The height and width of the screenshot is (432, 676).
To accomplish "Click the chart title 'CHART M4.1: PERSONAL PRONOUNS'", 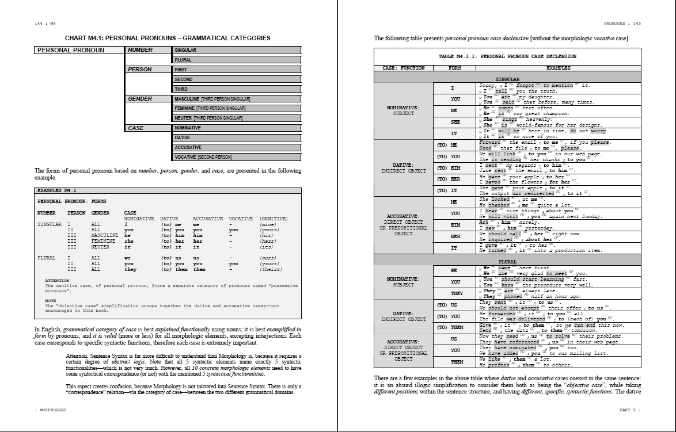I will [168, 38].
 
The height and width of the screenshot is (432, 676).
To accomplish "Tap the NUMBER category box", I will [149, 50].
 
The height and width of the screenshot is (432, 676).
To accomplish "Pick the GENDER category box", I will [149, 99].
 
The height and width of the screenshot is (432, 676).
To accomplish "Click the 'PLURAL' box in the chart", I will [237, 60].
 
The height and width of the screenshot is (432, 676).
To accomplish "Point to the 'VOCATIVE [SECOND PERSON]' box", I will [237, 157].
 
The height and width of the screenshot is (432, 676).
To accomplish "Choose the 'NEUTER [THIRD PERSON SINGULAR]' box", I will [237, 118].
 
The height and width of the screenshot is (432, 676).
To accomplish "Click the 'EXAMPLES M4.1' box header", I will [58, 190].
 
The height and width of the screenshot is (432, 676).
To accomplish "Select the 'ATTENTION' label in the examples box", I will [57, 281].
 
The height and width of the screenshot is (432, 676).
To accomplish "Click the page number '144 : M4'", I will [45, 24].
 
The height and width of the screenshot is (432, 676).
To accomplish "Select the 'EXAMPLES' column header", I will [559, 68].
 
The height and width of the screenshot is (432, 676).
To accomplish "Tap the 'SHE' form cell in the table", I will [454, 122].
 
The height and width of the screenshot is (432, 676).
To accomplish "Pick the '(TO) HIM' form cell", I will [454, 167].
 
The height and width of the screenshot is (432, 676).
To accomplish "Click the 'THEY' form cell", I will [454, 293].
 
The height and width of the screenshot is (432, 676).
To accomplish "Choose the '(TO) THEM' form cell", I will [454, 328].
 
